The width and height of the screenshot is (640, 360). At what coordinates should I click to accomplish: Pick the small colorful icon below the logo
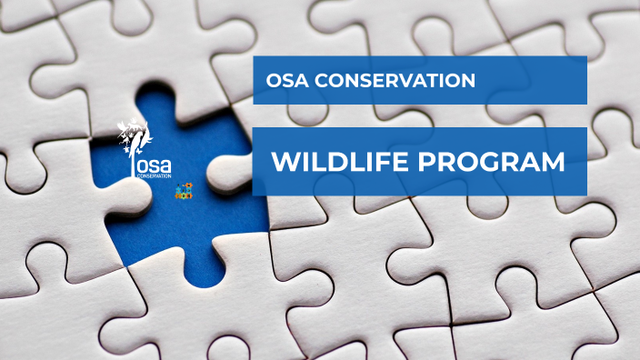point(185,192)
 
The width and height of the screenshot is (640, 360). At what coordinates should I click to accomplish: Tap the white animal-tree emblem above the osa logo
point(136,136)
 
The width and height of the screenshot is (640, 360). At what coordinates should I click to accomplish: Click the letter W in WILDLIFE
point(285,164)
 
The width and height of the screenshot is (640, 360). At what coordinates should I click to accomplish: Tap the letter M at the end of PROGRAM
point(551,164)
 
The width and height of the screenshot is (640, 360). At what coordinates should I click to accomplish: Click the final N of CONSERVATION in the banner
point(468,81)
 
